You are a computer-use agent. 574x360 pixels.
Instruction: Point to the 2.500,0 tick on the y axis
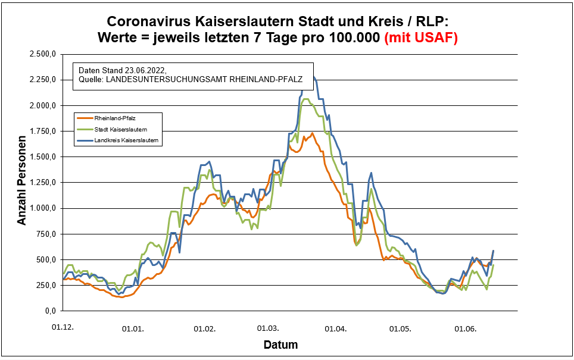[x=43, y=54]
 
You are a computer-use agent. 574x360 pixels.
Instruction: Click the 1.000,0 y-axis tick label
[x=43, y=208]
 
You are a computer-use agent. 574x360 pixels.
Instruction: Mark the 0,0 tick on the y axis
[x=51, y=311]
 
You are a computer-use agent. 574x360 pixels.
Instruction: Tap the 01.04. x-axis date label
[x=336, y=328]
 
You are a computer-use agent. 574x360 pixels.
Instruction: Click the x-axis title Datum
[x=280, y=345]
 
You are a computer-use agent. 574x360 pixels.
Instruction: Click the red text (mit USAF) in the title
[x=421, y=38]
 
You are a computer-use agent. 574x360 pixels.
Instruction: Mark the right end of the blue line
[x=493, y=251]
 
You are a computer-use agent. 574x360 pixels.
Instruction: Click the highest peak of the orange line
[x=312, y=133]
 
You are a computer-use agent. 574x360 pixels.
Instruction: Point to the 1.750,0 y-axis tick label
[x=43, y=131]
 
